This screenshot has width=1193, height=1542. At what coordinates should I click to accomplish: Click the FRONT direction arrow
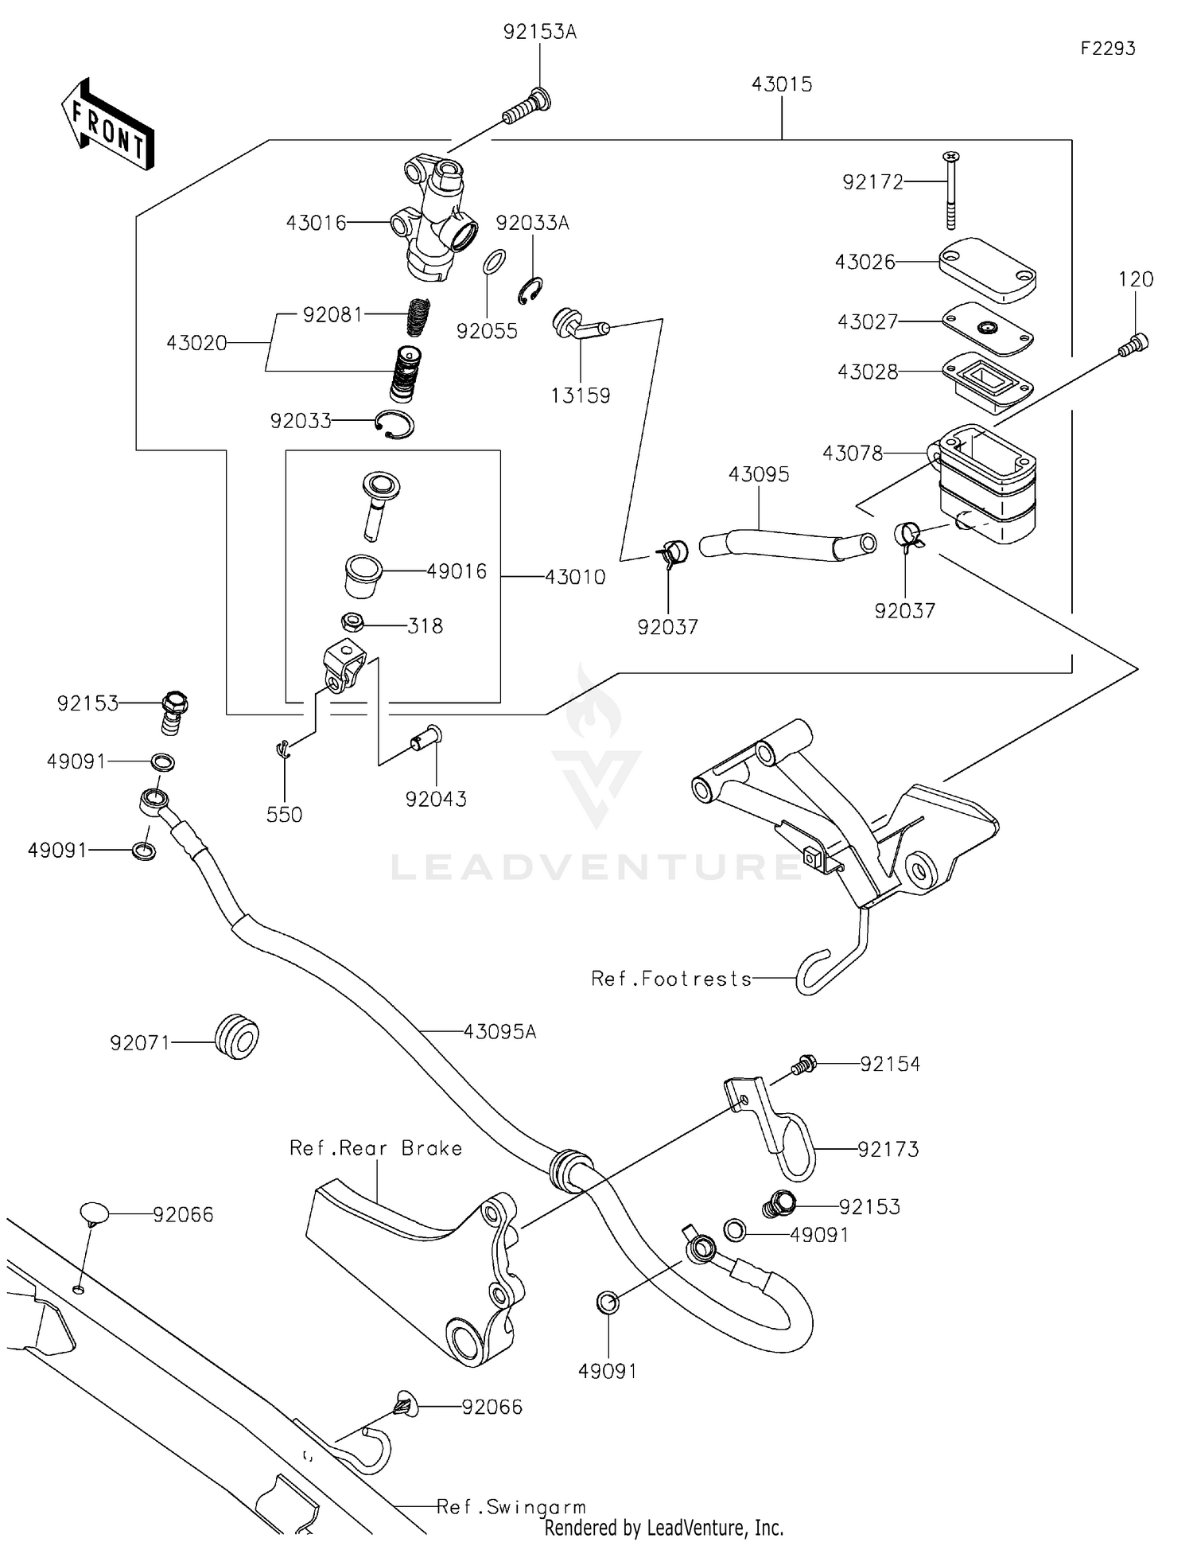(x=107, y=124)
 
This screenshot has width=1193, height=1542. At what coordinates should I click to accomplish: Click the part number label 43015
(x=781, y=84)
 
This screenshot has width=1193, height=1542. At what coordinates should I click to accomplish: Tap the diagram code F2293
(x=1107, y=49)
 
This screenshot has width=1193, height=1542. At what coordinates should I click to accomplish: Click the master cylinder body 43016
(x=436, y=220)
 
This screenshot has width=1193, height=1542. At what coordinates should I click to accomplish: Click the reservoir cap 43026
(x=986, y=270)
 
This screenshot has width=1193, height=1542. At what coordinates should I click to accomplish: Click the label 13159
(x=581, y=395)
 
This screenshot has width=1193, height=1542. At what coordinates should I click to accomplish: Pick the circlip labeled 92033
(x=394, y=424)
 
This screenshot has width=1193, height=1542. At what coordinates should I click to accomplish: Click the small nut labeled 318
(x=352, y=621)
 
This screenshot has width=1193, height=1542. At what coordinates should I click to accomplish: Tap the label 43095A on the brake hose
(x=499, y=1031)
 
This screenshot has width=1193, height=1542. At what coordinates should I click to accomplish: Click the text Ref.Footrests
(x=671, y=979)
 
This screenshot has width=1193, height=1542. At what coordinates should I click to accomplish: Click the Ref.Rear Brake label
(x=375, y=1148)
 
